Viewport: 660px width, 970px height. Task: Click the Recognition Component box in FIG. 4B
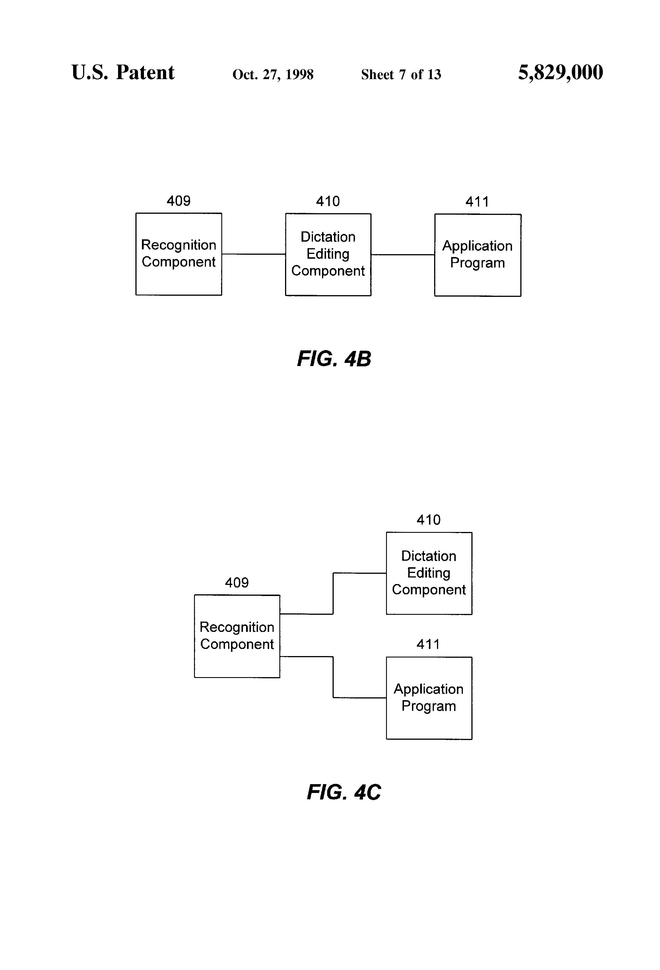pos(179,254)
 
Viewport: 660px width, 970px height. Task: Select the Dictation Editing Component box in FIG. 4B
pos(328,255)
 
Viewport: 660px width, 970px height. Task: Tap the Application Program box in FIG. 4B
pos(478,255)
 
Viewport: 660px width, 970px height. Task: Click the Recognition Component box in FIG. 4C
pos(237,636)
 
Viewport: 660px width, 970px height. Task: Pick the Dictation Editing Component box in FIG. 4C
pos(429,573)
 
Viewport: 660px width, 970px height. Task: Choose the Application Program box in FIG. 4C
pos(429,698)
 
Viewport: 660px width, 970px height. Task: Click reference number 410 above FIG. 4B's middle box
pos(328,202)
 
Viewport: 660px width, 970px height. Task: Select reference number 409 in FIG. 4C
pos(237,583)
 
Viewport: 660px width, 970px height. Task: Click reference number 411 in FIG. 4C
pos(428,644)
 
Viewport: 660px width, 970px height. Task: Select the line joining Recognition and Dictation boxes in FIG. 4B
pos(254,254)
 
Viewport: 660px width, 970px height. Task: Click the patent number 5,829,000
pos(561,73)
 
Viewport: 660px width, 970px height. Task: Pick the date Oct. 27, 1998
pos(273,75)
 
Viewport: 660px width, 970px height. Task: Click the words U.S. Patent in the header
pos(123,72)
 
